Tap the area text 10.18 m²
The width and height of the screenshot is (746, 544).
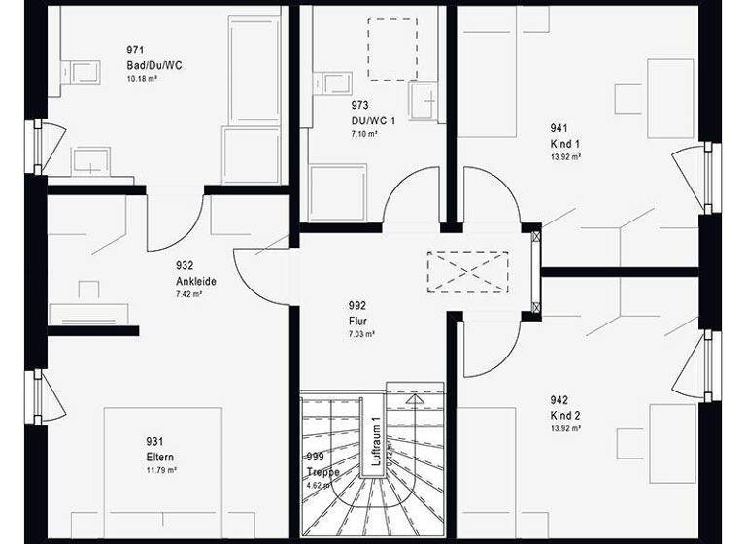coord(142,78)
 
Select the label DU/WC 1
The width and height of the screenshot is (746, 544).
coord(373,121)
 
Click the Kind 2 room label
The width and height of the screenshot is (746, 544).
coord(565,415)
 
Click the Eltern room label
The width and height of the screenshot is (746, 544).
coord(161,458)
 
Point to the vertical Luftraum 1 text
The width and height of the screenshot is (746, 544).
coord(374,443)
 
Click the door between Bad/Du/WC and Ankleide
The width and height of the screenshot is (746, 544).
coord(175,218)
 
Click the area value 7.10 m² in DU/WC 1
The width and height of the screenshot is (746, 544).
coord(364,134)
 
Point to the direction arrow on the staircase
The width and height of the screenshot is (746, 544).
coord(415,397)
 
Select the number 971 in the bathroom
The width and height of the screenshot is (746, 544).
coord(136,51)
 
